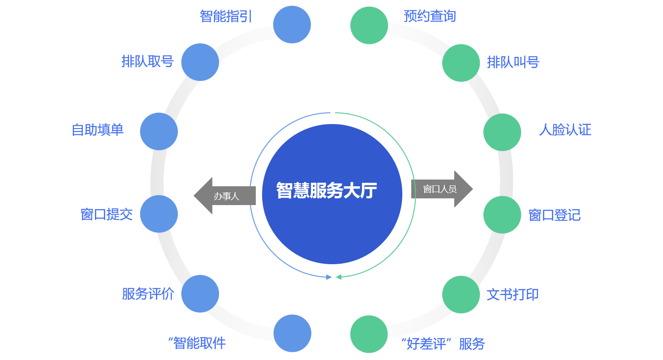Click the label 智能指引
[x=226, y=17]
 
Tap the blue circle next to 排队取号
[x=200, y=62]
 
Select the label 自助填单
[x=98, y=130]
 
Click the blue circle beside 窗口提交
[x=159, y=214]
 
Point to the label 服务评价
[x=148, y=294]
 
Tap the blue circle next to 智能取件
[x=293, y=333]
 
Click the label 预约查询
[x=430, y=17]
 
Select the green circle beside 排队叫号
[x=461, y=63]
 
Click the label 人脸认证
[x=565, y=130]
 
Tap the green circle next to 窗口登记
[x=502, y=214]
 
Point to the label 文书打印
[x=512, y=295]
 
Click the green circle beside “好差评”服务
[x=369, y=334]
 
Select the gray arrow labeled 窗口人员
[x=442, y=189]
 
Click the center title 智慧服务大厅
[x=327, y=190]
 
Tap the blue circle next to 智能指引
[x=292, y=25]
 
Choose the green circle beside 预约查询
[x=369, y=26]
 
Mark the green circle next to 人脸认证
[x=502, y=132]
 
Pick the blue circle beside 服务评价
[x=200, y=294]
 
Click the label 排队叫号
[x=513, y=62]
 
